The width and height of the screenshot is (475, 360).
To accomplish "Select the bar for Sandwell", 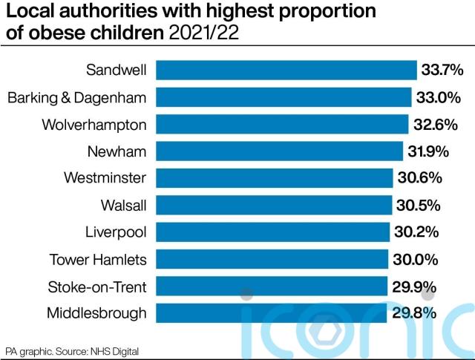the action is point(286,70).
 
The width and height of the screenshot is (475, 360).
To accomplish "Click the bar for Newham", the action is point(279,151).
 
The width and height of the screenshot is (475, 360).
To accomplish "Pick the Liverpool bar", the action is point(272,232).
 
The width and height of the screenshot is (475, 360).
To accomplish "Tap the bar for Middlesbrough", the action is point(271,313).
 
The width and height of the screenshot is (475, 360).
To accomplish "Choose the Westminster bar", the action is point(275,178).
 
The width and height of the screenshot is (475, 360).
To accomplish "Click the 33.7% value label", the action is point(442,70).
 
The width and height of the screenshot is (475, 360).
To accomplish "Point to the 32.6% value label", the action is point(436,124).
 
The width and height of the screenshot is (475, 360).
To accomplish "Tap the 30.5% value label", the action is point(419,205).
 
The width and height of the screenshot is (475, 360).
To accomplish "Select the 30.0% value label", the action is point(416,259).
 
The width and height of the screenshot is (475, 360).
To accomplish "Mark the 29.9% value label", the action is point(414,287).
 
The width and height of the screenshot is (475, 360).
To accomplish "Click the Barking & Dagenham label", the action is point(77,98).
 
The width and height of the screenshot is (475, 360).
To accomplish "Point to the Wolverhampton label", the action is point(94,125).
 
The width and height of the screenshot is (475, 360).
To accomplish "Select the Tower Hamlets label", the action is point(98,260).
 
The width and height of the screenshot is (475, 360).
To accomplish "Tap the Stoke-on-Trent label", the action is point(97,287).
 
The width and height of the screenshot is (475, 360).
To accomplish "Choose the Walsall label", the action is point(124,205).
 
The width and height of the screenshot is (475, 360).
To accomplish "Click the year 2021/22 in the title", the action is point(204,33).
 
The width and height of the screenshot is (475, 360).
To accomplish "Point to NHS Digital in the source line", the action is point(114,352).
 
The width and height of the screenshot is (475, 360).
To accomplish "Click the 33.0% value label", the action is point(439,97).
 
